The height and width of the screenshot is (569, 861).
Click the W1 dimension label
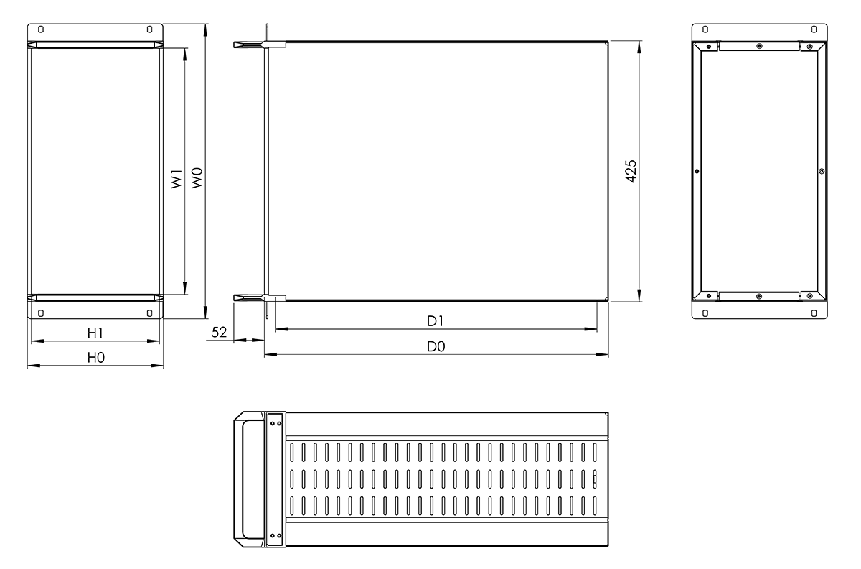tap(176, 179)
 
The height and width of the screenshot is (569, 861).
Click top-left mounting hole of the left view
tap(40, 30)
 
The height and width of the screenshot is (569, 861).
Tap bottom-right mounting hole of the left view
tap(149, 313)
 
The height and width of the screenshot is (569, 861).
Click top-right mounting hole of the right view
tap(814, 30)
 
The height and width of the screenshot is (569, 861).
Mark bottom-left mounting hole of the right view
tap(705, 313)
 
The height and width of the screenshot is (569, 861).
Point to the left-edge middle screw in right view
tap(697, 171)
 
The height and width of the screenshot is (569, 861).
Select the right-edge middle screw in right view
tap(822, 171)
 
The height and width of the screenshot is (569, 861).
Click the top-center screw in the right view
tap(759, 46)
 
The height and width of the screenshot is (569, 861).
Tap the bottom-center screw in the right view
tap(759, 296)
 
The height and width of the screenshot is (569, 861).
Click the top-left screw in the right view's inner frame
tap(709, 47)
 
